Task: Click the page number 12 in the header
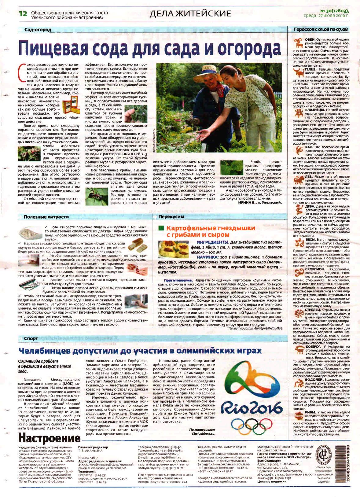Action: point(23,14)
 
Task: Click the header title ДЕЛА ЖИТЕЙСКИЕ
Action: point(190,14)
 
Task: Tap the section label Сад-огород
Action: point(38,30)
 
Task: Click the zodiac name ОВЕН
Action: point(310,40)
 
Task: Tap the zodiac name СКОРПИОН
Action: point(315,269)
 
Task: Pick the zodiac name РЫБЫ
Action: point(310,412)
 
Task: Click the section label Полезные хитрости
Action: point(46,217)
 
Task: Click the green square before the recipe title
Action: point(161,228)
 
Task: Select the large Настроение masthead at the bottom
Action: point(49,438)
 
